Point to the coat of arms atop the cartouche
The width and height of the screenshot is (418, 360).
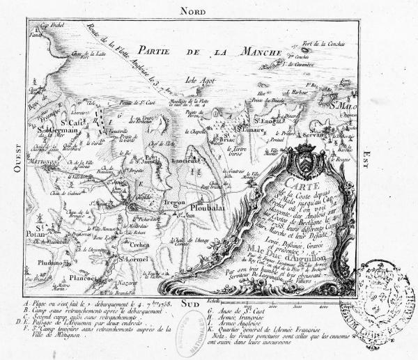pos(307,157)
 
